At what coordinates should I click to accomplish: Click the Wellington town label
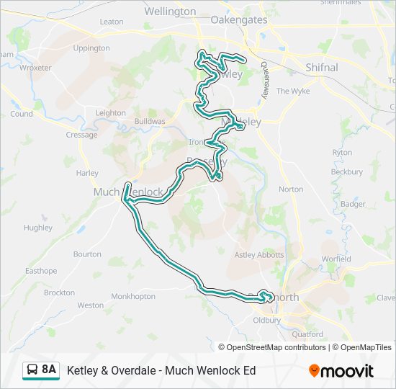(170, 12)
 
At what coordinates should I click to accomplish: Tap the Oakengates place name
(238, 20)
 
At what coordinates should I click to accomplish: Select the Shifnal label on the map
(321, 67)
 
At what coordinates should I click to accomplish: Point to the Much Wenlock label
(128, 192)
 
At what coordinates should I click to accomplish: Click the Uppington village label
(91, 48)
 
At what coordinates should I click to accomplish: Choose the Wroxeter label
(35, 68)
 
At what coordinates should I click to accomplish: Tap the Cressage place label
(81, 135)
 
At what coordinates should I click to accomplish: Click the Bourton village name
(87, 254)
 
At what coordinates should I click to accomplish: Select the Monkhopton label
(133, 296)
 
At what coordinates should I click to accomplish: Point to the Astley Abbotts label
(259, 255)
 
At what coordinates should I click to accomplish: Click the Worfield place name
(336, 259)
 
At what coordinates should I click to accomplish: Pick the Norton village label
(291, 189)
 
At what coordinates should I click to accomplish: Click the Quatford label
(307, 334)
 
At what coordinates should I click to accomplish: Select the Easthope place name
(41, 271)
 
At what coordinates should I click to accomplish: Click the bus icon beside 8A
(32, 370)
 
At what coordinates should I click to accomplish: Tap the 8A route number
(49, 370)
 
